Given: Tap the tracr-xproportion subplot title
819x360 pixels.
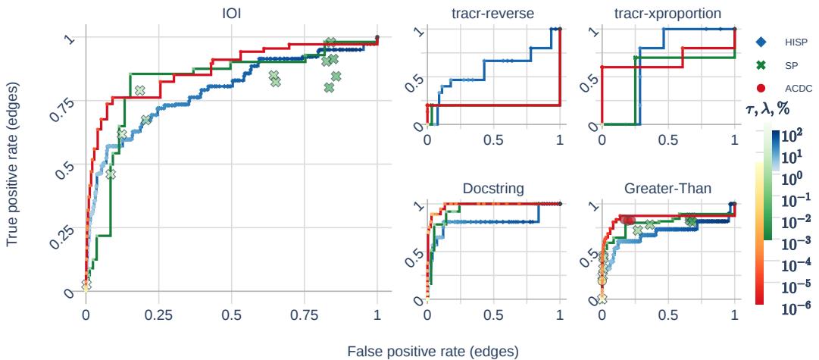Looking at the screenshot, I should tap(668, 13).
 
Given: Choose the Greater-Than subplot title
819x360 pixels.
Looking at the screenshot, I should tap(667, 188).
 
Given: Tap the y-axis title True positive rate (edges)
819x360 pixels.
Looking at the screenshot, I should tap(13, 164).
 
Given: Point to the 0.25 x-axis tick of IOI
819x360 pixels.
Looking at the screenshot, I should tap(159, 314).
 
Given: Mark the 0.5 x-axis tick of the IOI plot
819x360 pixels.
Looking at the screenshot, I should tap(232, 314).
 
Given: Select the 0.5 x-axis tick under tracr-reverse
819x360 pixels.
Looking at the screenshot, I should tap(493, 141).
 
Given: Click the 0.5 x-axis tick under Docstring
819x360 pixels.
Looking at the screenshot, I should tap(493, 314).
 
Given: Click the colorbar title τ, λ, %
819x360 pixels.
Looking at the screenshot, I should tap(767, 111).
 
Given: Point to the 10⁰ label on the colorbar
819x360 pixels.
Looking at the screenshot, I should tap(791, 178).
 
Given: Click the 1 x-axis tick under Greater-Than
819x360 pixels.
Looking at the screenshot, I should tap(735, 314).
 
